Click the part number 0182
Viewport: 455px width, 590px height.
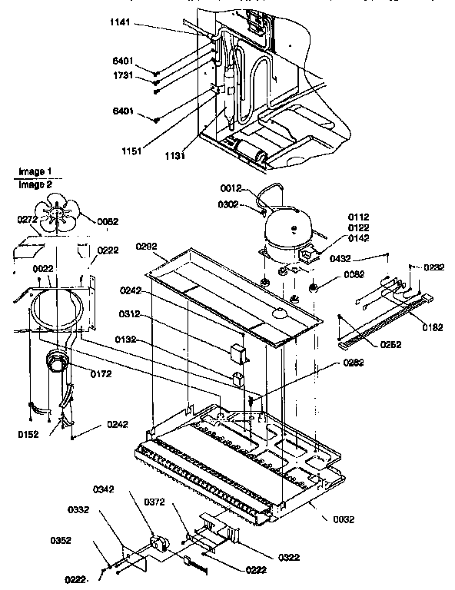click(x=432, y=327)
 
